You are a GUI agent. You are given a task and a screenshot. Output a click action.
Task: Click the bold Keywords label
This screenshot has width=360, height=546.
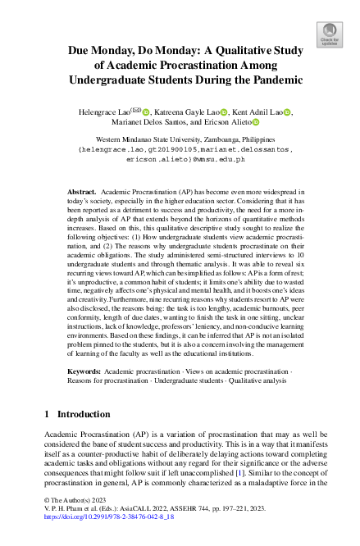[x=85, y=371]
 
